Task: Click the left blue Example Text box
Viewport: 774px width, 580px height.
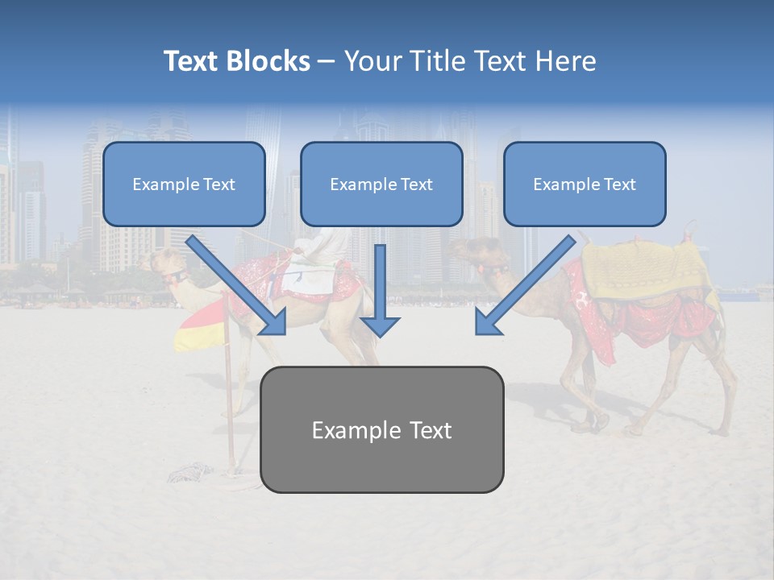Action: point(184,184)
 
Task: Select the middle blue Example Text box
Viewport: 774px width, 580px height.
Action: point(381,184)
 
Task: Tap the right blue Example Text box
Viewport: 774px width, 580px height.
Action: point(585,184)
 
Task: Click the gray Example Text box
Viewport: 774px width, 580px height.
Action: point(381,429)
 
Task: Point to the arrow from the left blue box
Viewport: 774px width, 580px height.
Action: point(238,286)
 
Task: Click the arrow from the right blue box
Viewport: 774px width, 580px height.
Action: point(525,286)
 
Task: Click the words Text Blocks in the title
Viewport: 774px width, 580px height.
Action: point(236,61)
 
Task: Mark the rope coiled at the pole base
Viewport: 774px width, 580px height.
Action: point(193,469)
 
